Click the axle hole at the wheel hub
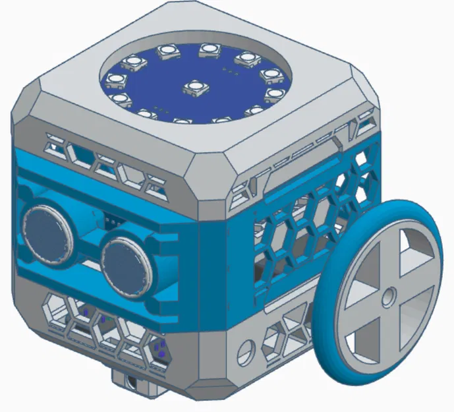[387, 292]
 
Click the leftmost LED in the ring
[113, 80]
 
